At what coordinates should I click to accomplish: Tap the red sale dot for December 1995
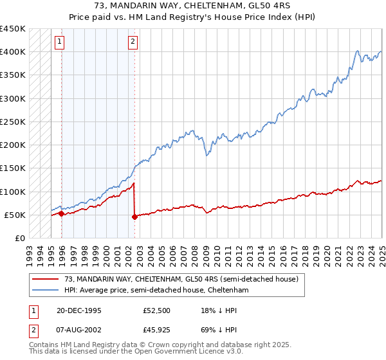[x=61, y=213]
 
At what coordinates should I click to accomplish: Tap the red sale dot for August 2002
[x=134, y=217]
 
